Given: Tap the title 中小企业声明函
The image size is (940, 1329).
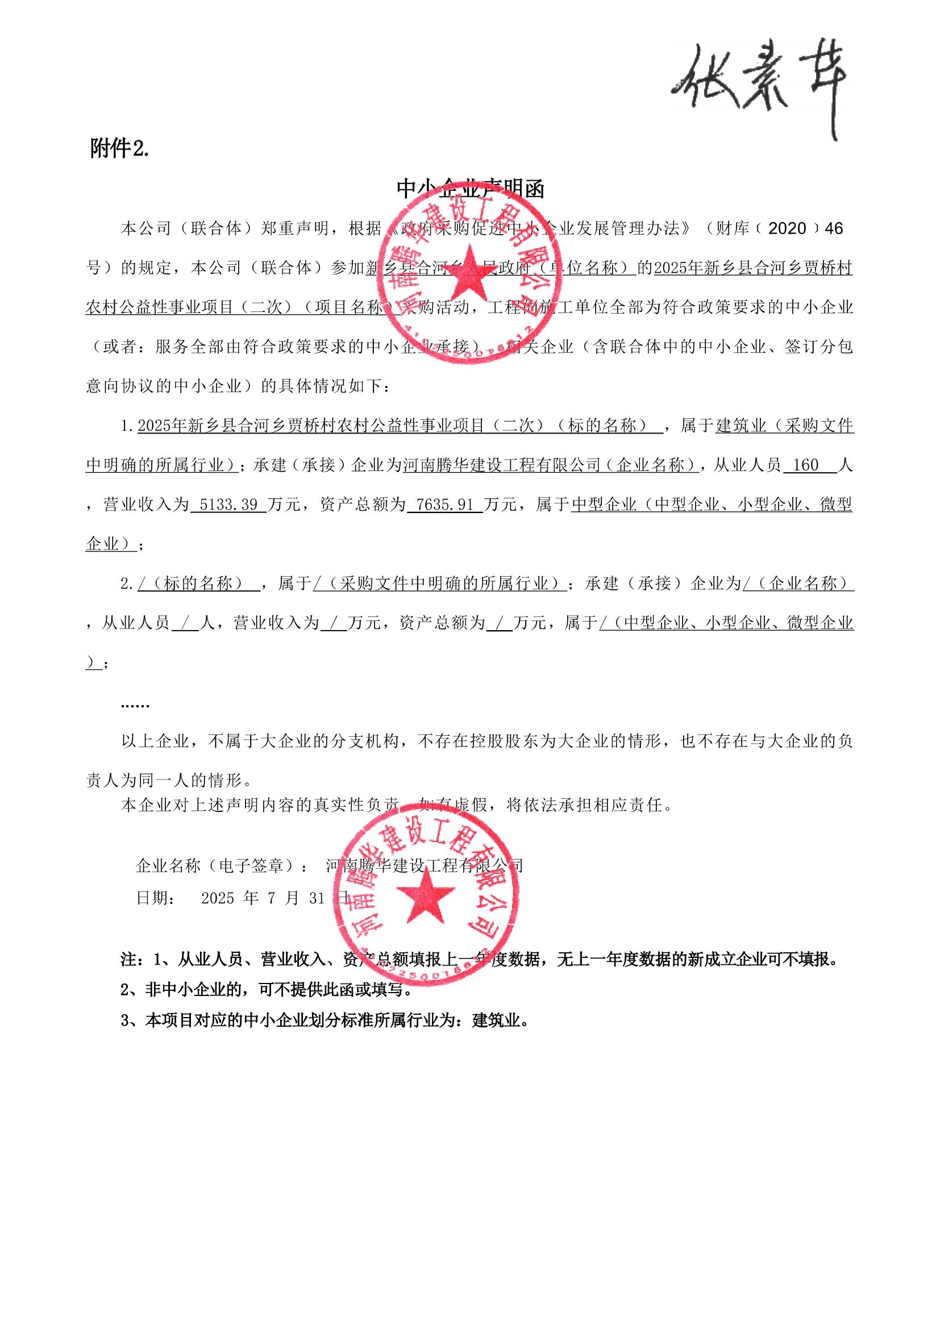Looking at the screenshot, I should (470, 189).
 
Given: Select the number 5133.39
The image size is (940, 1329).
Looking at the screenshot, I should (228, 505).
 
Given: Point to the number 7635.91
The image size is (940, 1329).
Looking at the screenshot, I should (444, 505).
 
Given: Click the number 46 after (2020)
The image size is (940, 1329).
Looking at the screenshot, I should (834, 228).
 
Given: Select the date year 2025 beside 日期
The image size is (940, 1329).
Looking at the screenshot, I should (218, 898).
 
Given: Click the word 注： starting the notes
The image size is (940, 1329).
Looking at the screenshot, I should (132, 960).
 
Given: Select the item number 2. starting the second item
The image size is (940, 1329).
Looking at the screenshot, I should (127, 584).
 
